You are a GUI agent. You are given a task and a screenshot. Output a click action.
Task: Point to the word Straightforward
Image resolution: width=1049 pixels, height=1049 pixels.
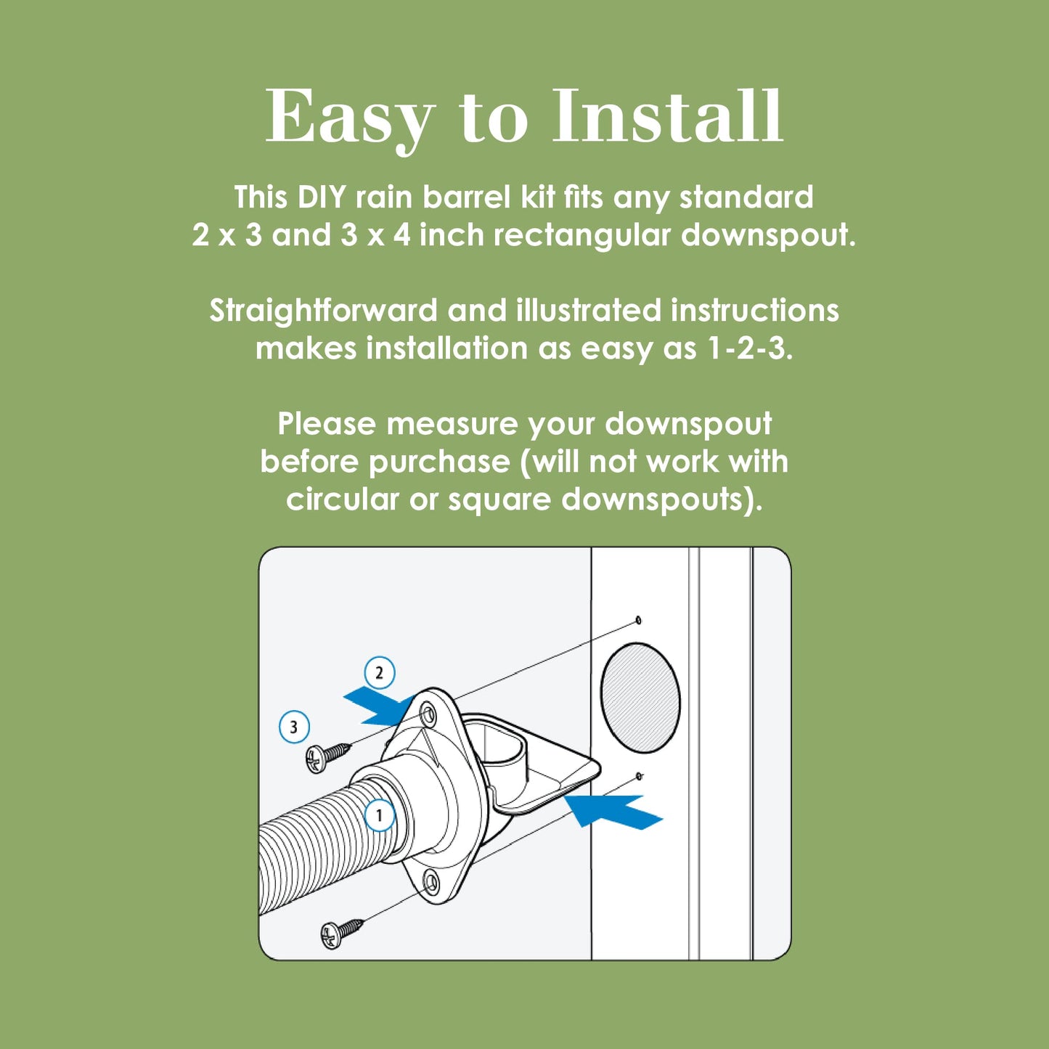(323, 311)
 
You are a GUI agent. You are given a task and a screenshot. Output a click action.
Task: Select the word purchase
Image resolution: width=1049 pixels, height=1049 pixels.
(439, 462)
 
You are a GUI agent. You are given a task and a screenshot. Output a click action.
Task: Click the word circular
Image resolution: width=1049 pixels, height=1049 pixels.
(342, 499)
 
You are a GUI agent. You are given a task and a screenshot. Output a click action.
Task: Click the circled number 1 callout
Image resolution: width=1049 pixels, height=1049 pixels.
(379, 815)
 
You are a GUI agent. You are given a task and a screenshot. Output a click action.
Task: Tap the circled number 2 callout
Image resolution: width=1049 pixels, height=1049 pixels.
(379, 673)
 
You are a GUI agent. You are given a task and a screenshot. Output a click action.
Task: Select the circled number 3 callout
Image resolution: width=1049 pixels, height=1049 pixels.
(294, 727)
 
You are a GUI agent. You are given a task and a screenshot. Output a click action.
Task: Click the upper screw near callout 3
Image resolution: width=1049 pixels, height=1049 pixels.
(327, 756)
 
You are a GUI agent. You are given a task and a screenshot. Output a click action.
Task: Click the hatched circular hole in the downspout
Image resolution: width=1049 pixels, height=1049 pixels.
(640, 698)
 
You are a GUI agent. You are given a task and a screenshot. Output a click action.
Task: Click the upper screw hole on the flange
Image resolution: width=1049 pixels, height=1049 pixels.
(428, 715)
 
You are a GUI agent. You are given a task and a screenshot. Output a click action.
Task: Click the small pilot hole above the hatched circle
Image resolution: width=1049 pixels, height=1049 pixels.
(638, 620)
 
